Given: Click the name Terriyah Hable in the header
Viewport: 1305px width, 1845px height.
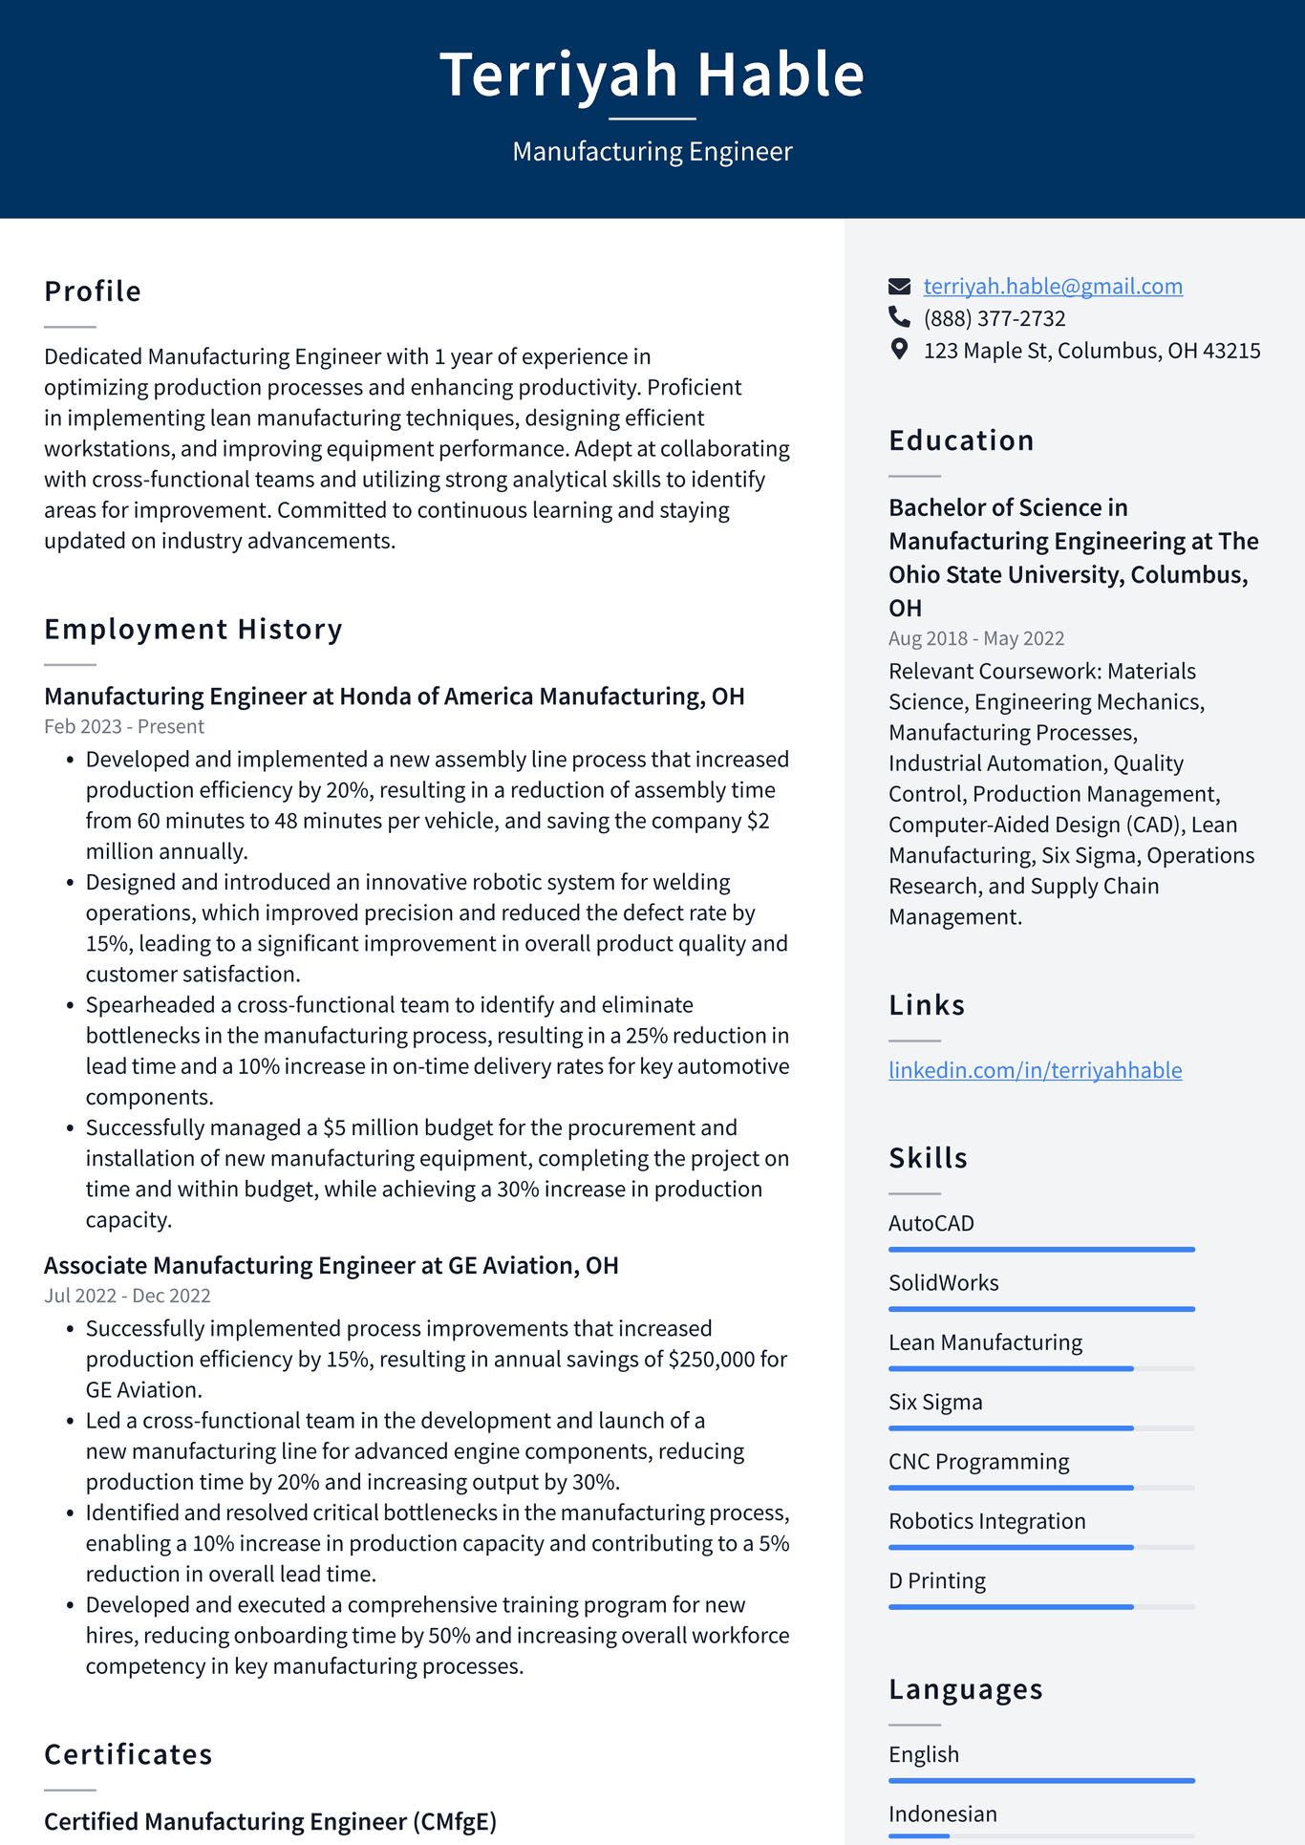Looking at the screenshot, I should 652,75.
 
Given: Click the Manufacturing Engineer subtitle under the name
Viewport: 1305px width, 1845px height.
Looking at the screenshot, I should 652,151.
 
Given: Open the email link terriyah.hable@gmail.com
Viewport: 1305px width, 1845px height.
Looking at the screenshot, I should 1052,286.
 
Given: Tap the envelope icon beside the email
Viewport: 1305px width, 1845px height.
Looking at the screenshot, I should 899,286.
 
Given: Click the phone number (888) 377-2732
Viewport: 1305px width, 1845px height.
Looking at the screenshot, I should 994,318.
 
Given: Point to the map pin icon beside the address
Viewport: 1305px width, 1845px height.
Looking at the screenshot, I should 899,350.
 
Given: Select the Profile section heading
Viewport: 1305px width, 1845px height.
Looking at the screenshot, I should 93,290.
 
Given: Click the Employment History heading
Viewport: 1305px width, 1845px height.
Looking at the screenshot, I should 193,629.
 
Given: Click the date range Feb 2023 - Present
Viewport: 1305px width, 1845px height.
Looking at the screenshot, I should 124,726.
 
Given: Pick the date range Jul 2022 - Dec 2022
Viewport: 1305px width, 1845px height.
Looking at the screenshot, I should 127,1296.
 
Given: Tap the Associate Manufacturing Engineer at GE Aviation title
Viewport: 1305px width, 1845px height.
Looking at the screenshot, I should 331,1265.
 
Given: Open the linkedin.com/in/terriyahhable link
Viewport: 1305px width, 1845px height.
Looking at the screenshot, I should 1035,1070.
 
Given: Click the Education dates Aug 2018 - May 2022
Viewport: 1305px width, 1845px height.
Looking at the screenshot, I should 975,638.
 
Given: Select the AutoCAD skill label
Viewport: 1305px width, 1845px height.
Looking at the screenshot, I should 931,1223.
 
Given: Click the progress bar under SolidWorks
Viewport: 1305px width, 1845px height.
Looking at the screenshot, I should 1041,1309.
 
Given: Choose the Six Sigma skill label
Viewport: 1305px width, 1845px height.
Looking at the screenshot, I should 934,1402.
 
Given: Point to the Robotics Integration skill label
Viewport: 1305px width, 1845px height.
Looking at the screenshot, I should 986,1521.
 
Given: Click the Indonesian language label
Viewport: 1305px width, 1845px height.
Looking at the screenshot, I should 942,1813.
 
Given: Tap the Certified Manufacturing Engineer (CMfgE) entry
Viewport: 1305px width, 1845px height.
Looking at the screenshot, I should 270,1821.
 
